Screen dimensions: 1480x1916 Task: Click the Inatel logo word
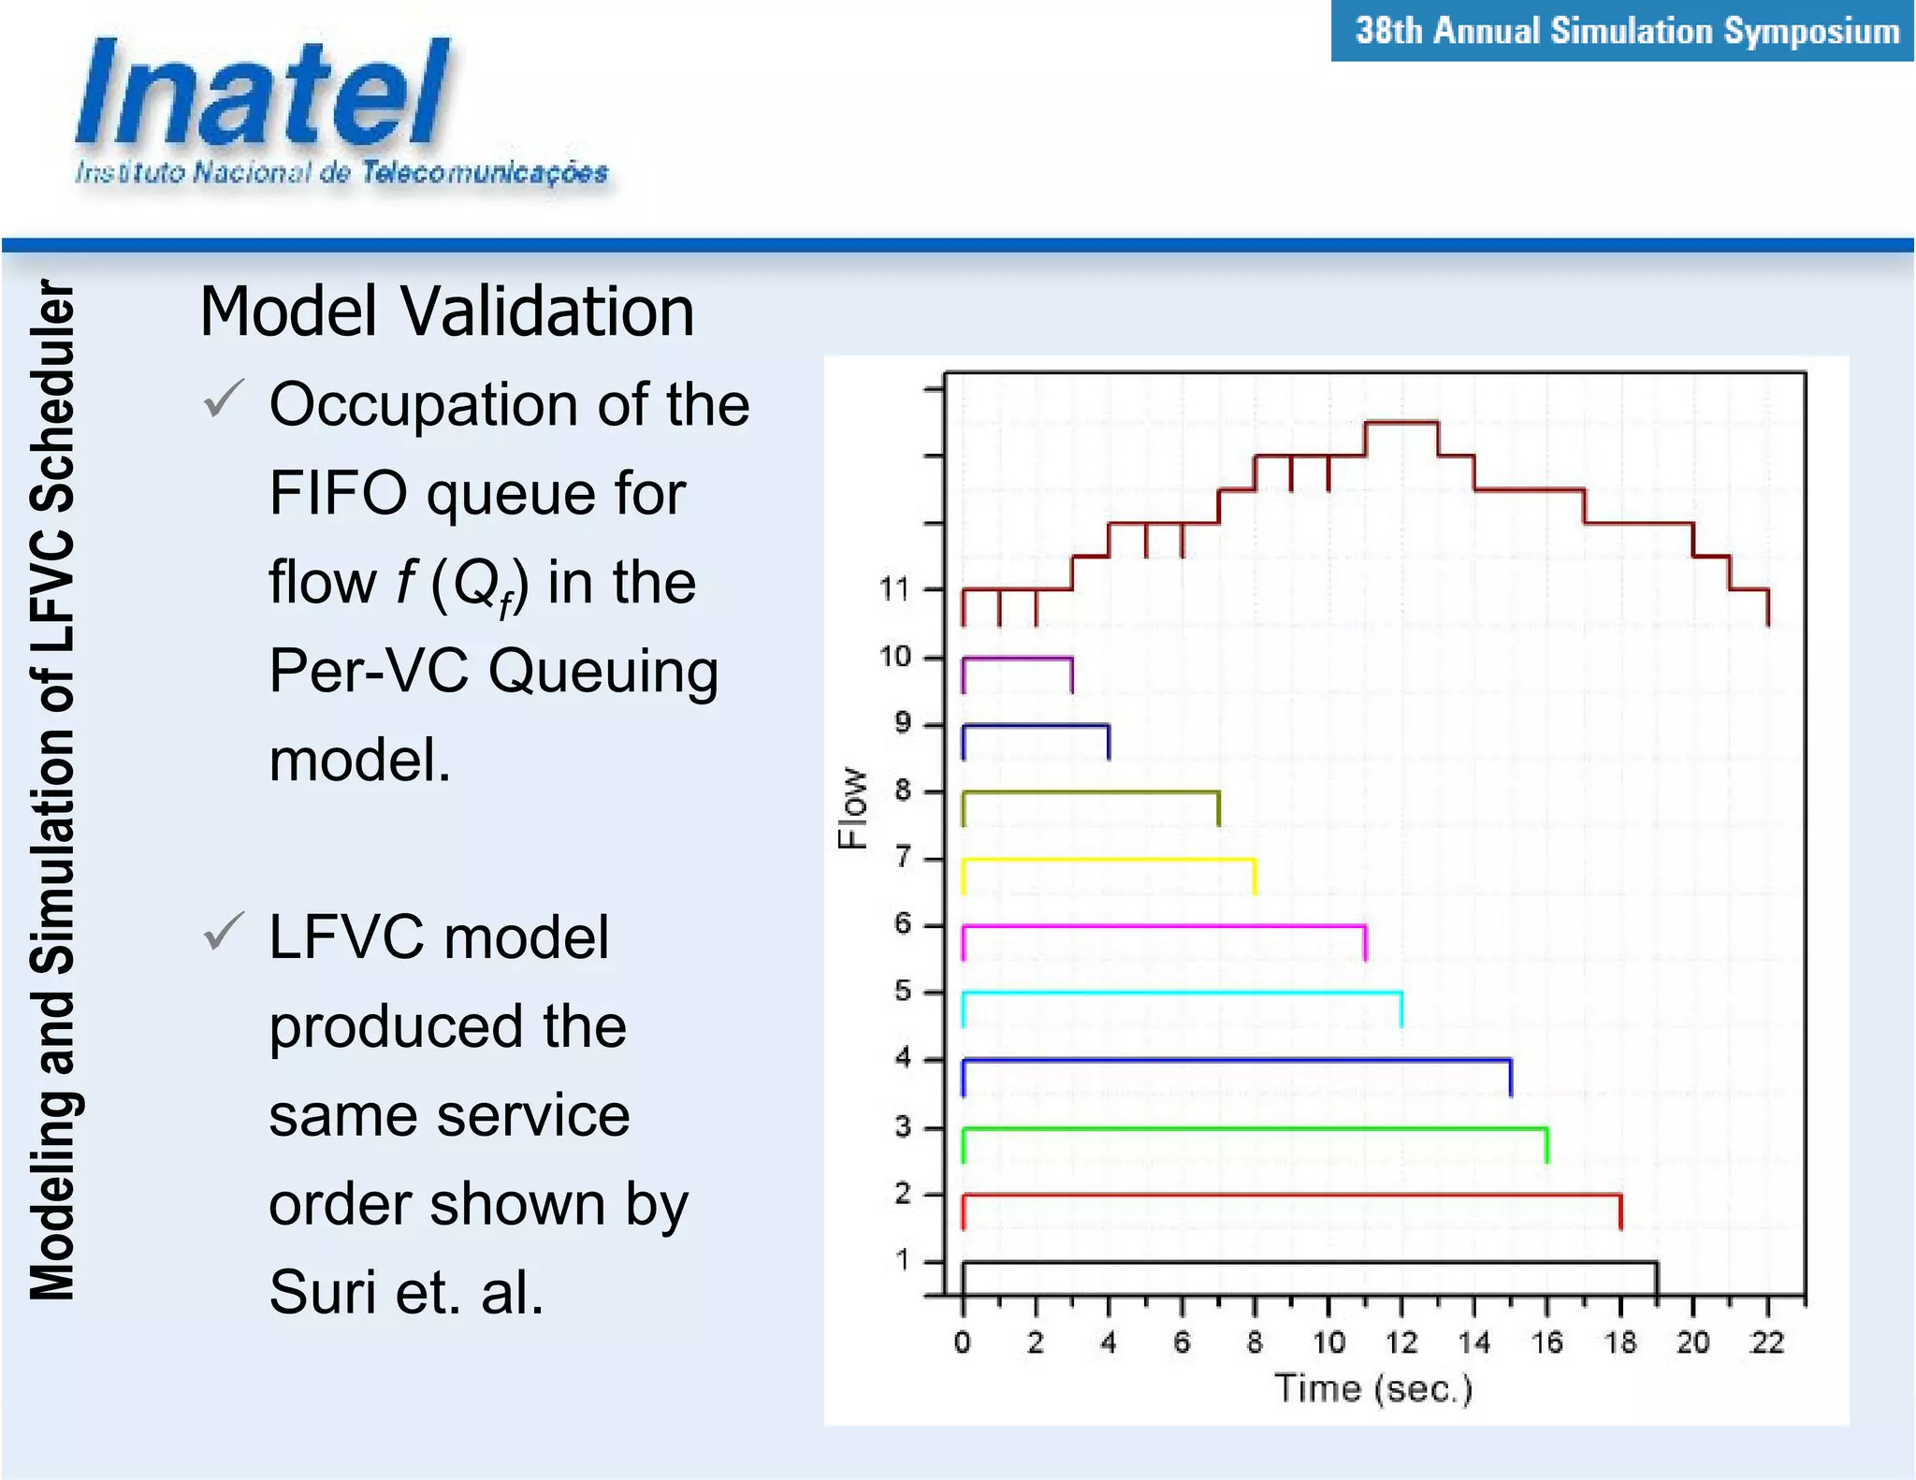(262, 94)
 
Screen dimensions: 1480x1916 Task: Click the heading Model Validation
(446, 311)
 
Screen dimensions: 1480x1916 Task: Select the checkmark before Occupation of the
(224, 399)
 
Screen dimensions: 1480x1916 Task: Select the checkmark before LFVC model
(224, 932)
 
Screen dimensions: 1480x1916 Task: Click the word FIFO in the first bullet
(338, 493)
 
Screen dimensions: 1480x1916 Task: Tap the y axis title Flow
(852, 807)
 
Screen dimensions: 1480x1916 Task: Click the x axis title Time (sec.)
(1372, 1388)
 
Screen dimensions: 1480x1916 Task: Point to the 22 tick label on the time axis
(1766, 1343)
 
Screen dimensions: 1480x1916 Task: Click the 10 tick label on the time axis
(1328, 1343)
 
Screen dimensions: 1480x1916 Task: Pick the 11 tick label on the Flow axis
(893, 589)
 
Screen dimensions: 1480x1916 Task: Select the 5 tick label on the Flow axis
(902, 991)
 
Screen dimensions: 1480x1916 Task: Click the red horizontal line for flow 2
(1291, 1195)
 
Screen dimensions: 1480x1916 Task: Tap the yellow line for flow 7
(1109, 859)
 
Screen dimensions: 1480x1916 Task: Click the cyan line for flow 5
(1182, 992)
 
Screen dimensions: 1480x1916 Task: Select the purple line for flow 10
(1017, 659)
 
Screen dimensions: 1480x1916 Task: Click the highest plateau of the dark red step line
(1401, 423)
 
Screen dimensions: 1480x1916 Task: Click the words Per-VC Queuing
(493, 671)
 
